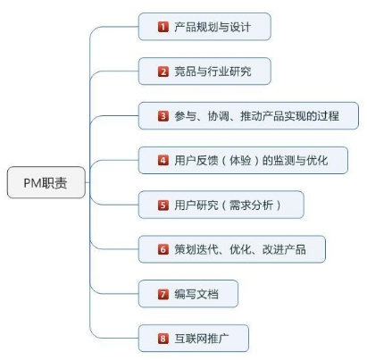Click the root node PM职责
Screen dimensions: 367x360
click(46, 182)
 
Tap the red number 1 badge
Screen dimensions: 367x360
click(163, 27)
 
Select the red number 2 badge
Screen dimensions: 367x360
click(163, 71)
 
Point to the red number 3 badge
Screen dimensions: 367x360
click(163, 116)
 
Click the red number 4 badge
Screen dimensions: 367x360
click(163, 161)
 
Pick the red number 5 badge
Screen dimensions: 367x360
click(163, 205)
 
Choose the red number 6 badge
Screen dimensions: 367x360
click(163, 249)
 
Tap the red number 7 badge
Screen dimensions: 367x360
click(163, 294)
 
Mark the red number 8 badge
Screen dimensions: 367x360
click(163, 339)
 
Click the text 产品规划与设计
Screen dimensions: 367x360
click(213, 27)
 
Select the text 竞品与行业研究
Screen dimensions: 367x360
click(213, 71)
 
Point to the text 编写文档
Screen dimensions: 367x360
click(196, 294)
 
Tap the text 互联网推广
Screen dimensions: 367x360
click(202, 339)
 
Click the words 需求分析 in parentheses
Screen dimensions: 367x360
click(252, 205)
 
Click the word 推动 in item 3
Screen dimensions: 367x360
click(251, 116)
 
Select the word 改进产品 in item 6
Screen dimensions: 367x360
click(284, 249)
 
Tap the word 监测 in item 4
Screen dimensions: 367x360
click(284, 161)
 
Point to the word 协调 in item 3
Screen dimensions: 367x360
click(219, 116)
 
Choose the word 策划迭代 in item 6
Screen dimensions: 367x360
click(196, 249)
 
